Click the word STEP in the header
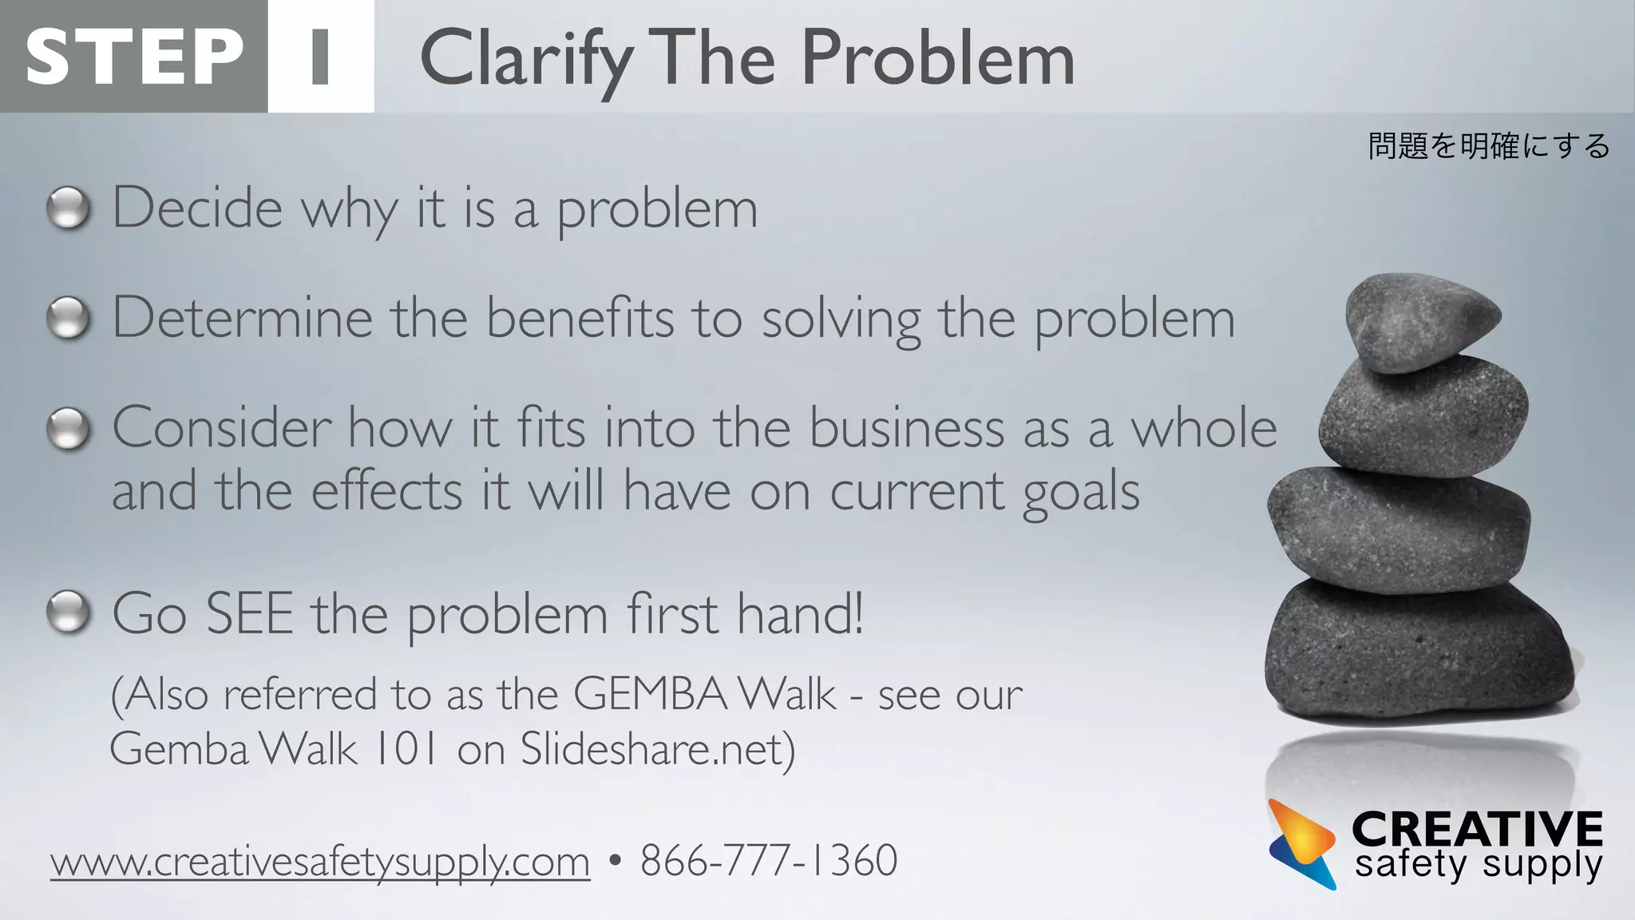[x=134, y=56]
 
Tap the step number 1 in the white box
[x=320, y=56]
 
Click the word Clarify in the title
[x=525, y=59]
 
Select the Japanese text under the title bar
[x=1488, y=146]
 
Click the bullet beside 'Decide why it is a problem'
[x=69, y=208]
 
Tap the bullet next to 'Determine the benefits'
[x=69, y=318]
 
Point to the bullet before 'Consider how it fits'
[x=69, y=429]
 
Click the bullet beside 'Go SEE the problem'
[x=69, y=613]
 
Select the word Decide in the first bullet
[x=197, y=208]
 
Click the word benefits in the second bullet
[x=580, y=318]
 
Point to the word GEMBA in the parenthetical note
[x=649, y=693]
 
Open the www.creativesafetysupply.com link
[x=320, y=862]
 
